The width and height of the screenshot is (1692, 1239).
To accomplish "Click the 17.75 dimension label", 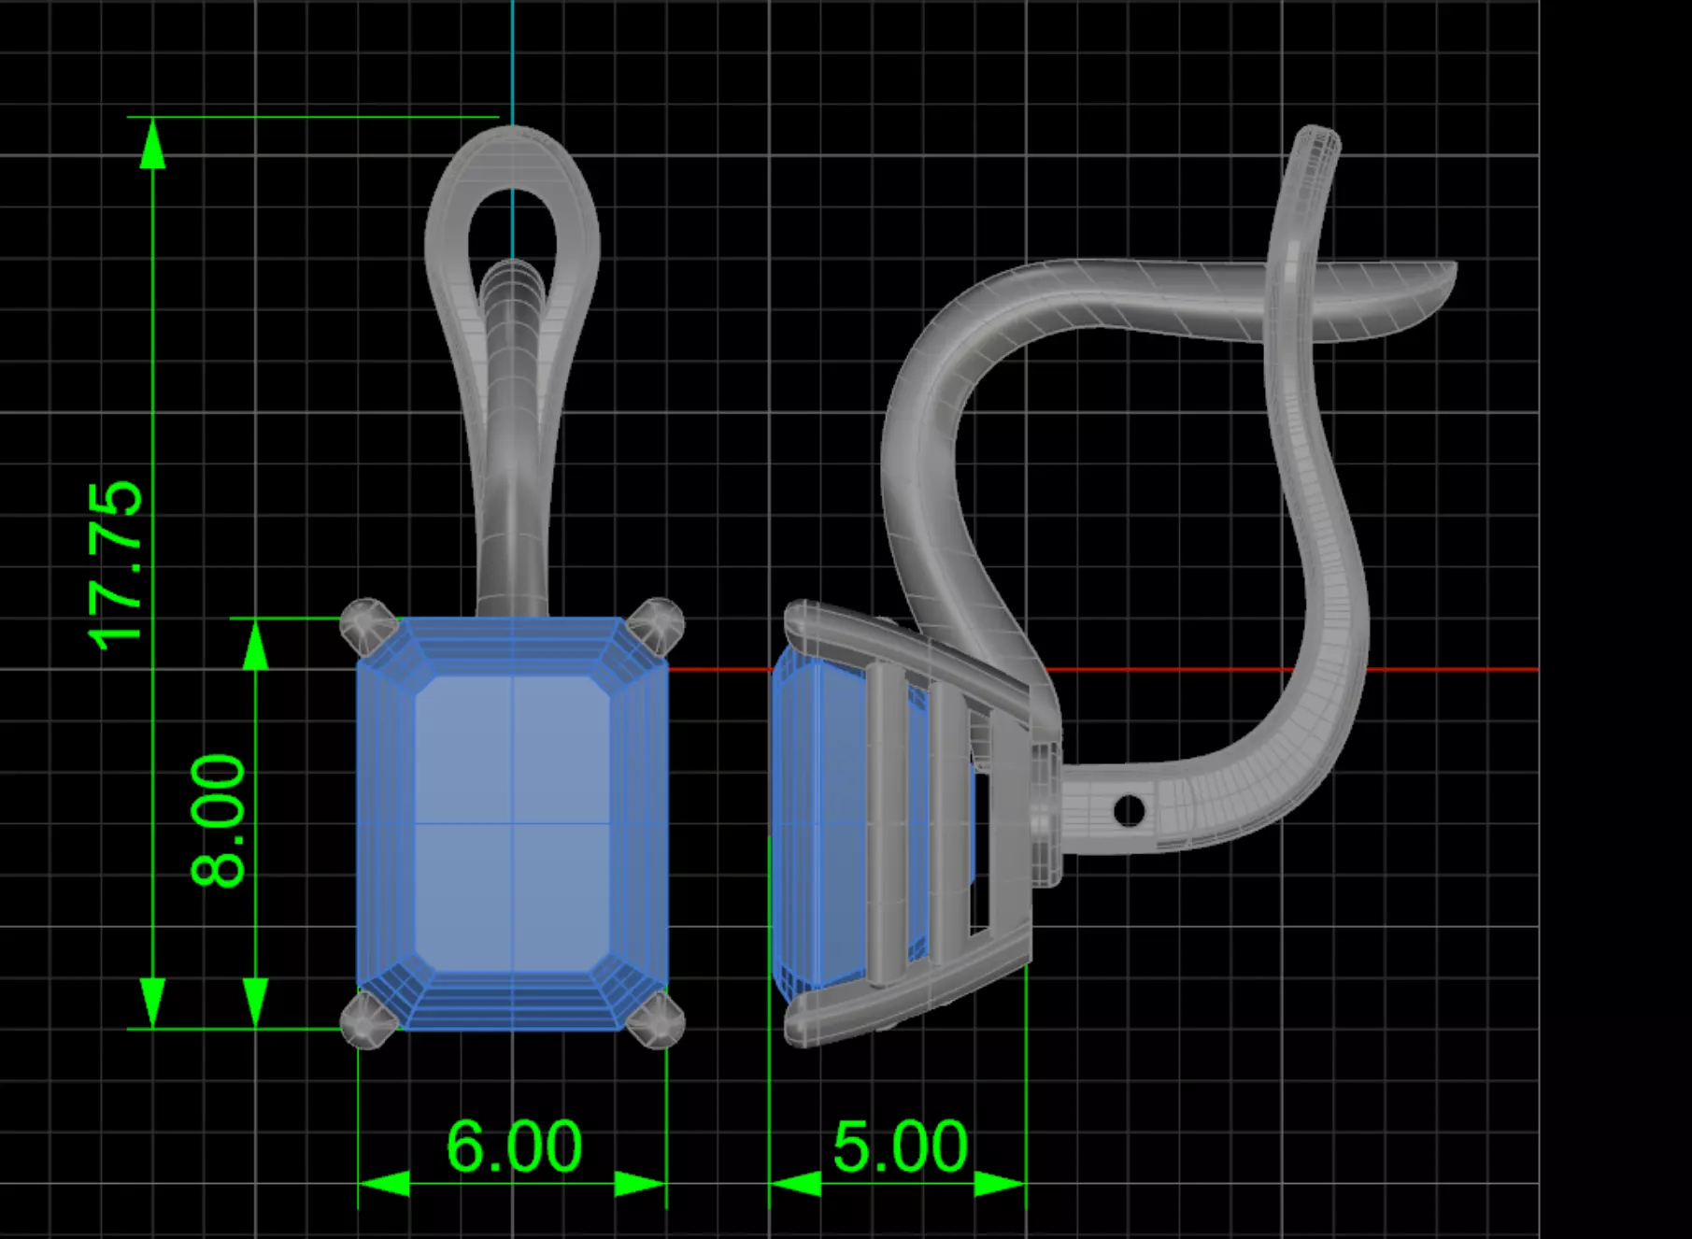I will click(x=116, y=565).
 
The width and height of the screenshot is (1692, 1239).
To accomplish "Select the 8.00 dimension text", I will click(x=219, y=820).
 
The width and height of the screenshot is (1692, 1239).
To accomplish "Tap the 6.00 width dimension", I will click(x=514, y=1146).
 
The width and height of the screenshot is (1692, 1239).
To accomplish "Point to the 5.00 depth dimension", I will click(x=900, y=1146).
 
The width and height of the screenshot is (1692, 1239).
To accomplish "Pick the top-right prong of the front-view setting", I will click(x=657, y=624).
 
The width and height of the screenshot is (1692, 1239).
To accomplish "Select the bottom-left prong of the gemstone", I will click(x=366, y=1020).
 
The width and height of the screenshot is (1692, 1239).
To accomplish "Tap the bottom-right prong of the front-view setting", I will click(x=657, y=1020).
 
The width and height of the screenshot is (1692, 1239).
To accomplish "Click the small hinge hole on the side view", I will click(x=1129, y=810).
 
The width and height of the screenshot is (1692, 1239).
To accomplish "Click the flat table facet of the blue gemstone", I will click(x=512, y=822).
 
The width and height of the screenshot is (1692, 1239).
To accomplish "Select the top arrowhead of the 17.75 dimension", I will click(x=152, y=145).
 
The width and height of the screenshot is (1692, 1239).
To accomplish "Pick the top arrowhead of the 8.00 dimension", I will click(x=255, y=645).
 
